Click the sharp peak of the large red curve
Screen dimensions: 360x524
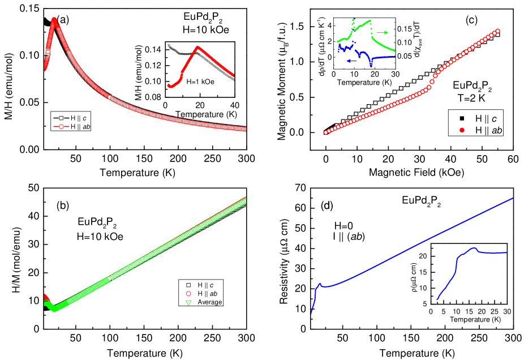pyautogui.click(x=54, y=20)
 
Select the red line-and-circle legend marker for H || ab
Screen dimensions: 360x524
pyautogui.click(x=60, y=127)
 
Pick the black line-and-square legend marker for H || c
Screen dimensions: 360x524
pyautogui.click(x=60, y=118)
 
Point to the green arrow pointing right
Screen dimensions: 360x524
pyautogui.click(x=383, y=33)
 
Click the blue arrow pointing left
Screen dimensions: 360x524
pyautogui.click(x=351, y=61)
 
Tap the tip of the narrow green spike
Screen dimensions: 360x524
pyautogui.click(x=354, y=20)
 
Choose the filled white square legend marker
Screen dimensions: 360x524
pyautogui.click(x=462, y=118)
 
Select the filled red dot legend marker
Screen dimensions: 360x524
pyautogui.click(x=462, y=130)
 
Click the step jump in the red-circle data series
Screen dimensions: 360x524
pyautogui.click(x=433, y=80)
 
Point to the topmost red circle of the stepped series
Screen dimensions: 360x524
pyautogui.click(x=499, y=31)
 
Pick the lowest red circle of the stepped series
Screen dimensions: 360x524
pyautogui.click(x=325, y=132)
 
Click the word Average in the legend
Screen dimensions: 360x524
pyautogui.click(x=210, y=302)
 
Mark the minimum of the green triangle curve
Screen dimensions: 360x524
pyautogui.click(x=54, y=310)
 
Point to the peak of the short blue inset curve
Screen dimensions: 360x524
pyautogui.click(x=474, y=248)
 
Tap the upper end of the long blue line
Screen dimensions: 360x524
pyautogui.click(x=513, y=198)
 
